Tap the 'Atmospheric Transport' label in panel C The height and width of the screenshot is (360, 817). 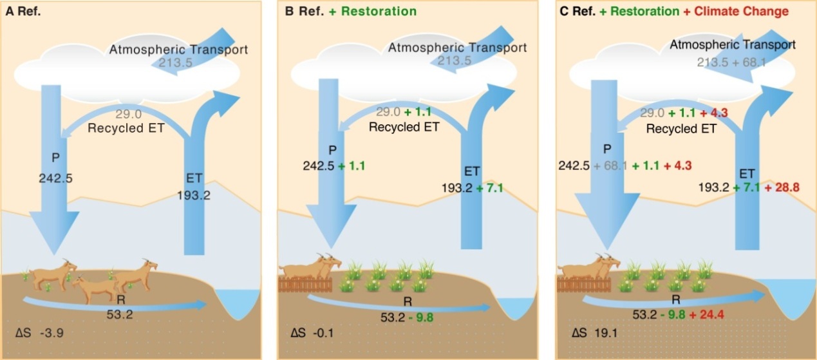tap(733, 45)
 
